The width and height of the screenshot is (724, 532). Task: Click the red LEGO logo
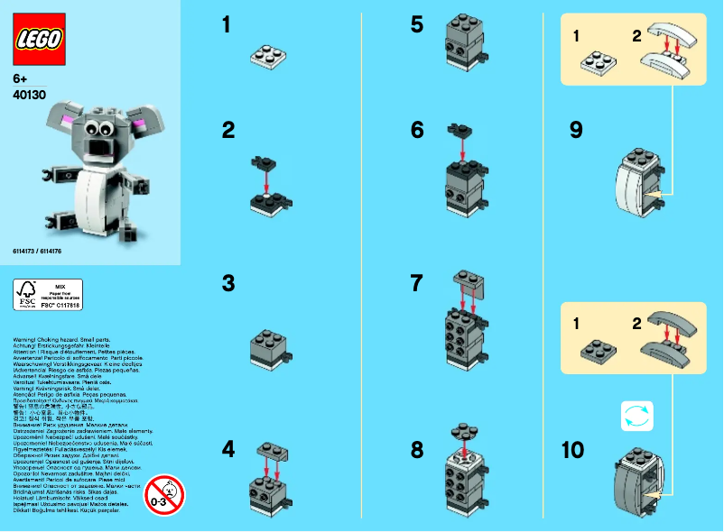[38, 37]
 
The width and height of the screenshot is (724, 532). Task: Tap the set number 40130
[30, 93]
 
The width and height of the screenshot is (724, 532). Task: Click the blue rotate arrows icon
[636, 415]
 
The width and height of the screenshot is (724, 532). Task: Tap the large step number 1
[227, 25]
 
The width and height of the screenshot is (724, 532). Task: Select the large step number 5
[416, 24]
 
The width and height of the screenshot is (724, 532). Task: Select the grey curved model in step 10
[635, 473]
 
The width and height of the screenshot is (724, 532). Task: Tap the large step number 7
[416, 284]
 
